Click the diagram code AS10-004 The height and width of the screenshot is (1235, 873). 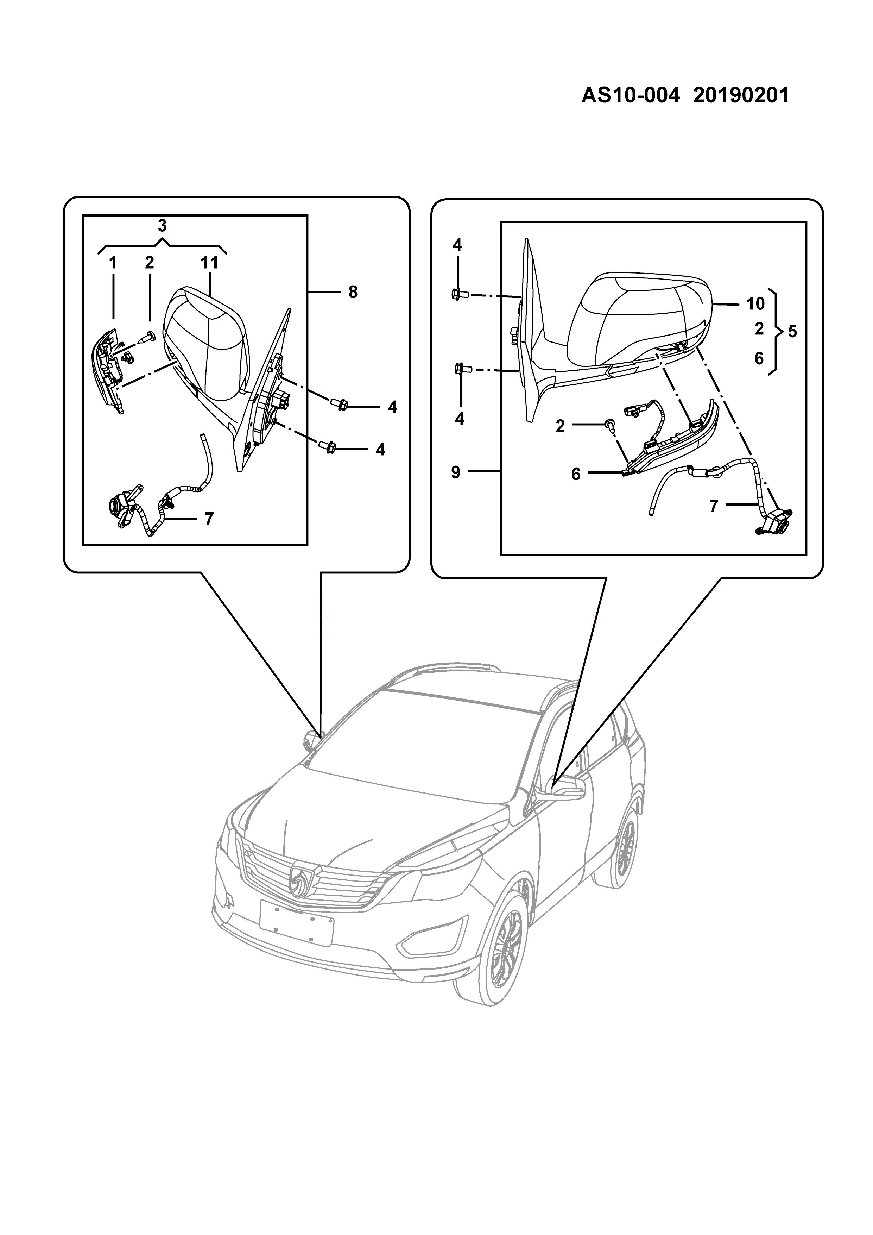631,96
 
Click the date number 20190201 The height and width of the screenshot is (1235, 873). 741,96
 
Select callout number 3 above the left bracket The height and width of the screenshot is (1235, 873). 162,225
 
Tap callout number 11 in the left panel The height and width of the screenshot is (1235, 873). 209,263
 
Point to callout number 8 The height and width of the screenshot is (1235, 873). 353,292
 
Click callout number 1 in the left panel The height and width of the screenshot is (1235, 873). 113,263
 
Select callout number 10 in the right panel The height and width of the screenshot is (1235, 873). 755,304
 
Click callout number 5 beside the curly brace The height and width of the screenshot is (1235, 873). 792,332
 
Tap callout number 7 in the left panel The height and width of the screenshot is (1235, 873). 209,519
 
